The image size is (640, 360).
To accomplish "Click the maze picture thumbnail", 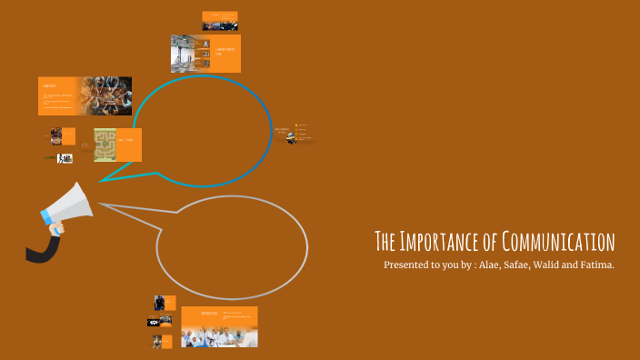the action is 105,145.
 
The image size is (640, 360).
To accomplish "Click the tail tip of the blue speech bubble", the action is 99,181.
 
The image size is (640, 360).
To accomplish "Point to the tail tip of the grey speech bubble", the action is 98,205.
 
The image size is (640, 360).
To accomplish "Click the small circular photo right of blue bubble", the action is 291,138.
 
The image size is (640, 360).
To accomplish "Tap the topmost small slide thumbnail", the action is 220,21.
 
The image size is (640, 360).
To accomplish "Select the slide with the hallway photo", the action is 205,54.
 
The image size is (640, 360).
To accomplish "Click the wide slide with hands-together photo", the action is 85,95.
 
